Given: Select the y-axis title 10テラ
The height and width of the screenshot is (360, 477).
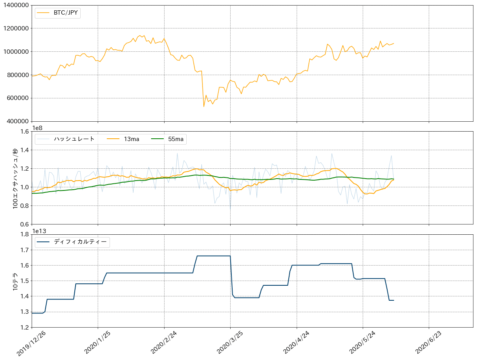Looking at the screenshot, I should pos(15,281).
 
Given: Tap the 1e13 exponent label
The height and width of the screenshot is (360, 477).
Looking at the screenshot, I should pos(40,231).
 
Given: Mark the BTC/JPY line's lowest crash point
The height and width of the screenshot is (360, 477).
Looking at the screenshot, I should pos(204,106).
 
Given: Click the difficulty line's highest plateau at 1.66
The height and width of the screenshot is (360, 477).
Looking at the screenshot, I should pos(214,256).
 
